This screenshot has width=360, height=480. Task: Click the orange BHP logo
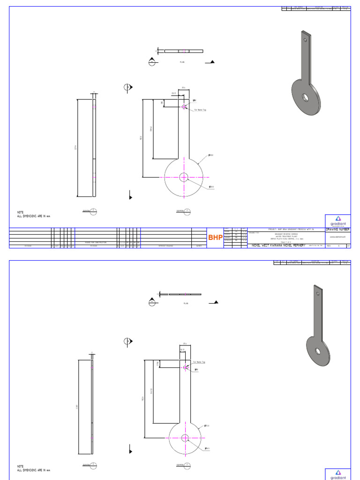tap(216, 238)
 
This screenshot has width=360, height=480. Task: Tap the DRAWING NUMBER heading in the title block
tap(337, 229)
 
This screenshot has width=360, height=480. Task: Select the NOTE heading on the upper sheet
tap(20, 212)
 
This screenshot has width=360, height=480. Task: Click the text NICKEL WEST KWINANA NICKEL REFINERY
tap(278, 245)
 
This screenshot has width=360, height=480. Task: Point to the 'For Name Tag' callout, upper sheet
tap(200, 110)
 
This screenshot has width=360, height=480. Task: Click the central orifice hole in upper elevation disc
tap(183, 177)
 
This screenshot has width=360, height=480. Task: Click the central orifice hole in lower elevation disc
tap(185, 438)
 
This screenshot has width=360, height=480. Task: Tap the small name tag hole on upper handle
tap(184, 106)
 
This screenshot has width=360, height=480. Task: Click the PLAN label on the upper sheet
tap(182, 61)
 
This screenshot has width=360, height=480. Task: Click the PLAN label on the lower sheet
tap(185, 303)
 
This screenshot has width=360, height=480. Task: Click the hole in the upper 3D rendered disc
tap(306, 97)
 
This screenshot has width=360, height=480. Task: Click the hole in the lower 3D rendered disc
tap(318, 351)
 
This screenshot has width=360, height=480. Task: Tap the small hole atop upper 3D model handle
tap(306, 40)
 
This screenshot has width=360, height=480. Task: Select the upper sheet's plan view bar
tap(183, 51)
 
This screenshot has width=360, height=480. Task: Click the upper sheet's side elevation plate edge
tap(94, 148)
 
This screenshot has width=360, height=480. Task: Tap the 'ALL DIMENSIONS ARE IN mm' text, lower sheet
tap(33, 470)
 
